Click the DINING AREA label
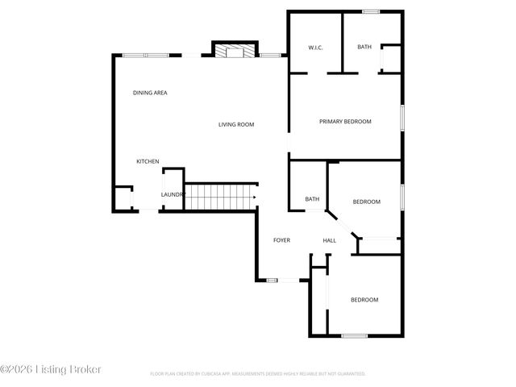pyautogui.click(x=150, y=93)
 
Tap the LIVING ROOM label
pyautogui.click(x=236, y=124)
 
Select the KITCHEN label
pyautogui.click(x=148, y=162)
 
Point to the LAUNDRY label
pyautogui.click(x=173, y=194)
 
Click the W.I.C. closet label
pyautogui.click(x=316, y=47)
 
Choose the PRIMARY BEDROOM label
pyautogui.click(x=345, y=121)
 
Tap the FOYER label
pyautogui.click(x=281, y=240)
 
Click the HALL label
pyautogui.click(x=329, y=240)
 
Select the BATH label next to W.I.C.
pyautogui.click(x=364, y=47)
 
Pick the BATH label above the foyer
pyautogui.click(x=312, y=199)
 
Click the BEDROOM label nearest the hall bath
pyautogui.click(x=366, y=202)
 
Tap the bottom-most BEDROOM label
pyautogui.click(x=364, y=300)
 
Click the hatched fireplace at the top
pyautogui.click(x=235, y=52)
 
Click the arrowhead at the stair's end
pyautogui.click(x=254, y=196)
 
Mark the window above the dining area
pyautogui.click(x=146, y=55)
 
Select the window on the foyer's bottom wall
pyautogui.click(x=272, y=281)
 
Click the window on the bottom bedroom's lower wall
pyautogui.click(x=355, y=335)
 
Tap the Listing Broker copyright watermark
pyautogui.click(x=51, y=369)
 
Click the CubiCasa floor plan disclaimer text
pyautogui.click(x=258, y=374)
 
